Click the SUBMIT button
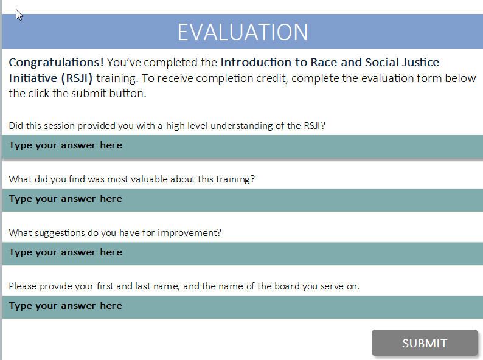(x=425, y=343)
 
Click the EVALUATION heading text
(x=243, y=32)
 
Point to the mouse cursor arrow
(x=19, y=15)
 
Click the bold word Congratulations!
(x=56, y=63)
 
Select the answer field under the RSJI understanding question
(x=243, y=147)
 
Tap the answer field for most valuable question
(x=243, y=200)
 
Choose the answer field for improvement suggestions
(x=243, y=254)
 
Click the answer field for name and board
(x=243, y=307)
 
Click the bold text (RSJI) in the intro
(x=77, y=78)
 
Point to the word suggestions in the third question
(x=60, y=233)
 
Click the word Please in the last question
(x=23, y=286)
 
